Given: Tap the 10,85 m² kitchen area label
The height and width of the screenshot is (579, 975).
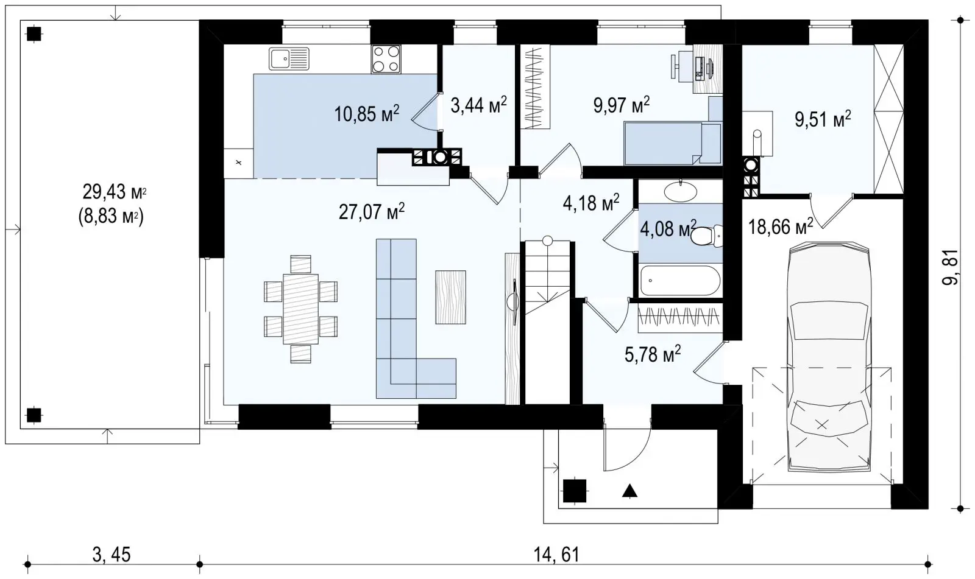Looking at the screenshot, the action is pos(366,113).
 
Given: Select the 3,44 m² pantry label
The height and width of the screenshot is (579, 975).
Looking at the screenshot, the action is pos(478,105).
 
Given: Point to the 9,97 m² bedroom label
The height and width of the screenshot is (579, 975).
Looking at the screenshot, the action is pos(621,105).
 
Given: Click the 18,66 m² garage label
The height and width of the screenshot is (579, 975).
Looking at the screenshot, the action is pos(781,226).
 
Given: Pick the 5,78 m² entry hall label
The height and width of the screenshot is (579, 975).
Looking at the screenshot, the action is pos(653,354).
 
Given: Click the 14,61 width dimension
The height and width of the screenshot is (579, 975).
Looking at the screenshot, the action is pos(556,555).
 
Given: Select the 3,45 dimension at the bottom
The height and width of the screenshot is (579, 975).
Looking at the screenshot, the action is pos(112,555).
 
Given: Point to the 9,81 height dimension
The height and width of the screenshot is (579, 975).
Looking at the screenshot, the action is pos(951,267).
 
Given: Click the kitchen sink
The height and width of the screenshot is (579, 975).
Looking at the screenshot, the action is pos(289,58).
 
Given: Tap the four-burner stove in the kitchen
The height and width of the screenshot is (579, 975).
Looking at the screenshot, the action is pos(386,58).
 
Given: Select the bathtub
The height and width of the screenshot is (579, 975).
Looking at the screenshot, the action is pos(680,280).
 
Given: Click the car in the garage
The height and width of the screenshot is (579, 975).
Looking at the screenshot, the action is pos(829,357).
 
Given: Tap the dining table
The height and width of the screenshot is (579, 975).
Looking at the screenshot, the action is pos(300,309).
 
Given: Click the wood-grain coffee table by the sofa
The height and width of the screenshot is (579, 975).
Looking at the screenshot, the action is pos(450,297).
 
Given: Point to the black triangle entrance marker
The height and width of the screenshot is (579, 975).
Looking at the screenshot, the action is pos(629,491).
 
